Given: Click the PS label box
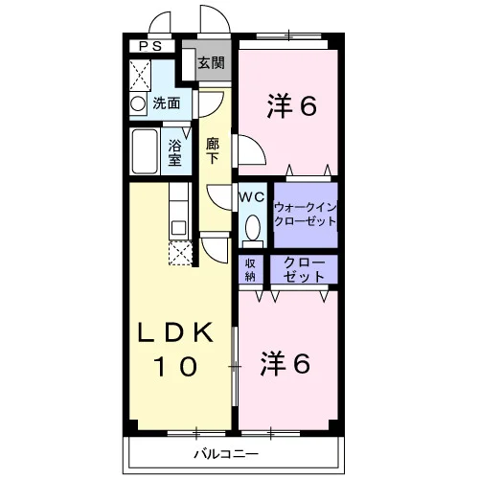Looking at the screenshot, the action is tap(152, 47).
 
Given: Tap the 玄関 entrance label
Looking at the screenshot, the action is tap(211, 63).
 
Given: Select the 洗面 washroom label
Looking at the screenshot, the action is tap(166, 103).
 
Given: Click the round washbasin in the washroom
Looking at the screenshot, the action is tap(138, 103).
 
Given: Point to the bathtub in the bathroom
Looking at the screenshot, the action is tap(145, 151).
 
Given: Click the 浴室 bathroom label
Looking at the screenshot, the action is tap(175, 153).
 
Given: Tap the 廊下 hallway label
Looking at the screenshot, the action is tap(213, 150).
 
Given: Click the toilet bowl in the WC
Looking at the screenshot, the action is tap(253, 227).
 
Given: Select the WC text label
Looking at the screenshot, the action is tap(252, 197).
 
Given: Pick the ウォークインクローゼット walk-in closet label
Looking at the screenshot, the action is tap(306, 215).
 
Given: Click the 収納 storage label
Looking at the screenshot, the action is tap(250, 270).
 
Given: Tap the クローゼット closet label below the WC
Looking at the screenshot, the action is tap(304, 270).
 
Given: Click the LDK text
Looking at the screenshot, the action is tap(175, 332).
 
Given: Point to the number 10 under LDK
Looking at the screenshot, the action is tap(175, 366).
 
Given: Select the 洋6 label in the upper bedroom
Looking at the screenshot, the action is tap(292, 105).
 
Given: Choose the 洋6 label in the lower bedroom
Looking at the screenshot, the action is tap(285, 363).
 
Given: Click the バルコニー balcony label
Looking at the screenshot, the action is tap(226, 454).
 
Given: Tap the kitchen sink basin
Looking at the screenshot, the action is tap(179, 228).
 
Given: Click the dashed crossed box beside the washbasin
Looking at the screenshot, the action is tap(140, 76).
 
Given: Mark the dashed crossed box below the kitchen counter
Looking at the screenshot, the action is tap(180, 254).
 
